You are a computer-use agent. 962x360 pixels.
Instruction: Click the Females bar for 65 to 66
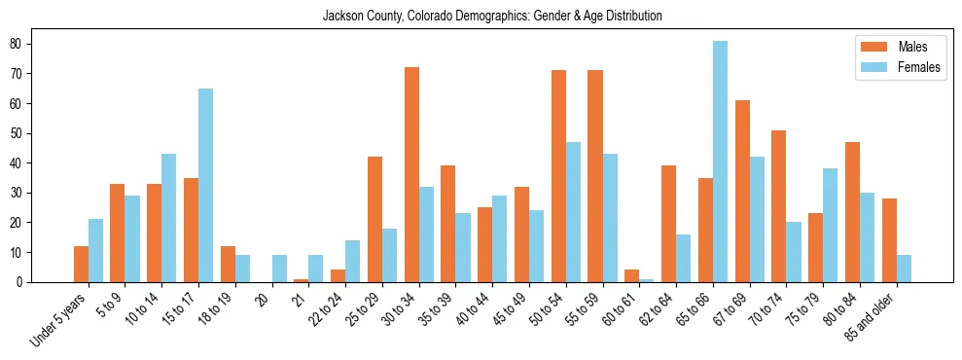tap(721, 162)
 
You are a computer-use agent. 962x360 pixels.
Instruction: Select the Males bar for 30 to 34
tap(411, 175)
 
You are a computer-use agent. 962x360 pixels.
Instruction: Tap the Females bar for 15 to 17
tap(206, 185)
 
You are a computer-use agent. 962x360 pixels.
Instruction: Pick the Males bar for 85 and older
tap(890, 240)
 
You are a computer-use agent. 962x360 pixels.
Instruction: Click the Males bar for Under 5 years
tap(81, 264)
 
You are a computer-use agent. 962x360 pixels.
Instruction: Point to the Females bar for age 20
tap(280, 269)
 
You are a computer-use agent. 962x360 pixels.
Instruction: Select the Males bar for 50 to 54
tap(558, 176)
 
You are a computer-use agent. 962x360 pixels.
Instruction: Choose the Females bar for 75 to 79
tap(794, 225)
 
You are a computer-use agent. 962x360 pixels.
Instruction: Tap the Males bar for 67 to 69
tap(742, 191)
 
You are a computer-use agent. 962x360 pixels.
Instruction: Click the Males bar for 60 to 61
tap(632, 276)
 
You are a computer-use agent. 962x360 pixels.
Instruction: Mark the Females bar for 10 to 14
tap(169, 218)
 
